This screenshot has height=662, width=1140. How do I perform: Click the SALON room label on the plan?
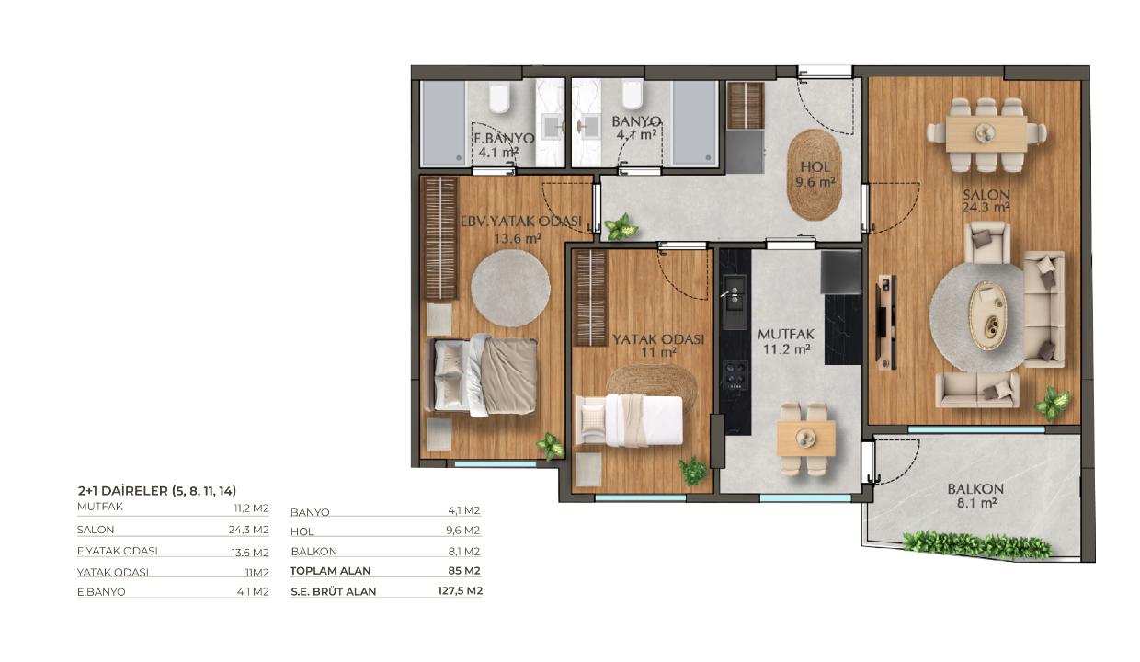[986, 194]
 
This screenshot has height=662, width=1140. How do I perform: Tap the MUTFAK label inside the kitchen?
[786, 335]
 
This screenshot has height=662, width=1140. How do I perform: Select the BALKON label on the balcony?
[975, 489]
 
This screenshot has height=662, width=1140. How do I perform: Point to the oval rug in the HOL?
[815, 175]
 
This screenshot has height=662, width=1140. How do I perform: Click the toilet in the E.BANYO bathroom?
[499, 98]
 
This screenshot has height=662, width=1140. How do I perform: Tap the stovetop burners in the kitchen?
[735, 374]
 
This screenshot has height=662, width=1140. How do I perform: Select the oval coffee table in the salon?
[987, 315]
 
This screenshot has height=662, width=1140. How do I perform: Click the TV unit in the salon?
[886, 322]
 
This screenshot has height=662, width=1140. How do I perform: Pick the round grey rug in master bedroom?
[510, 288]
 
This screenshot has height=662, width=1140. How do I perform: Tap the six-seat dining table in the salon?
[986, 134]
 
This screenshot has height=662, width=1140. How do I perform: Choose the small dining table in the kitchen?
[805, 438]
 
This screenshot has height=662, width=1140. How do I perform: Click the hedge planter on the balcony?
[977, 545]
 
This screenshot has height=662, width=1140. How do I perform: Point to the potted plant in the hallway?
[621, 227]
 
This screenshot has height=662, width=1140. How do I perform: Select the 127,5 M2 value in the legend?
[460, 591]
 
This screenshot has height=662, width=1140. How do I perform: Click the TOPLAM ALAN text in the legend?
[330, 571]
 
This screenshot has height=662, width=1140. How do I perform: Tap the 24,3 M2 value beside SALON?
[248, 530]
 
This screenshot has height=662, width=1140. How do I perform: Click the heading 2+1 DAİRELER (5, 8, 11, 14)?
[156, 491]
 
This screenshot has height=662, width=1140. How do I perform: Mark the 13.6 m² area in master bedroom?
[518, 237]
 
